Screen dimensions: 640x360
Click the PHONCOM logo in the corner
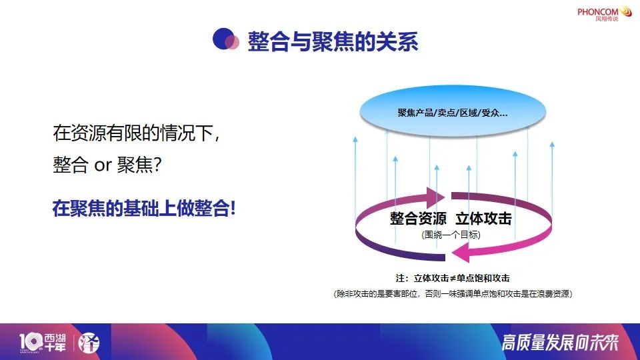605,13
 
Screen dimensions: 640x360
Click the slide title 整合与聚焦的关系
333,41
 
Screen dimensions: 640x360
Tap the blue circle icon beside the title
226,39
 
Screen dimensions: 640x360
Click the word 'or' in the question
103,165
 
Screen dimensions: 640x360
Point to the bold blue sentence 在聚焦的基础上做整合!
144,208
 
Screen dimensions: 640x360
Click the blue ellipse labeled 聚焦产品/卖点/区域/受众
453,111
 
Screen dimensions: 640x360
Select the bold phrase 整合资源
418,219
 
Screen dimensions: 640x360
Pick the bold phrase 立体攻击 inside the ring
484,219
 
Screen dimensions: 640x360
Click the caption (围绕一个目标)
451,235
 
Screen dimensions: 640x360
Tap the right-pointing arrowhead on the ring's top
435,197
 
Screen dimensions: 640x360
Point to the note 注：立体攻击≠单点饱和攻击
453,279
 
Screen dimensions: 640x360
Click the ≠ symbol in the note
452,279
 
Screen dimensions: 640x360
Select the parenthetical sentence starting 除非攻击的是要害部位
453,294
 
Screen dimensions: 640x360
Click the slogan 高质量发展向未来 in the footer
560,343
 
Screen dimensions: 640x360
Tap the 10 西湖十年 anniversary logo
43,343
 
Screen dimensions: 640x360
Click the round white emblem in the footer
89,343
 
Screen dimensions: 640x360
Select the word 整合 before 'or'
71,165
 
